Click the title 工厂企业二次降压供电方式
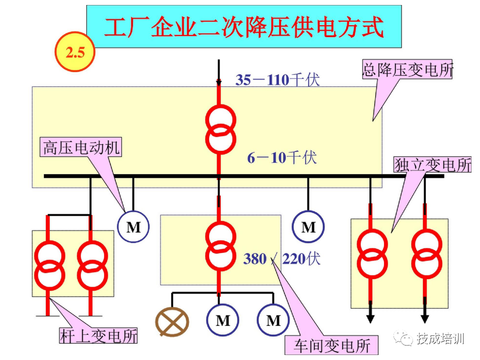243,27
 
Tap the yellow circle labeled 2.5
74,52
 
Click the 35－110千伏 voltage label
277,79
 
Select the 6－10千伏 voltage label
282,158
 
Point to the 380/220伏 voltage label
281,259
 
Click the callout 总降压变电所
407,69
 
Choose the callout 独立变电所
432,165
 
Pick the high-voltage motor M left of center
133,227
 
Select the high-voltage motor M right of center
308,227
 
